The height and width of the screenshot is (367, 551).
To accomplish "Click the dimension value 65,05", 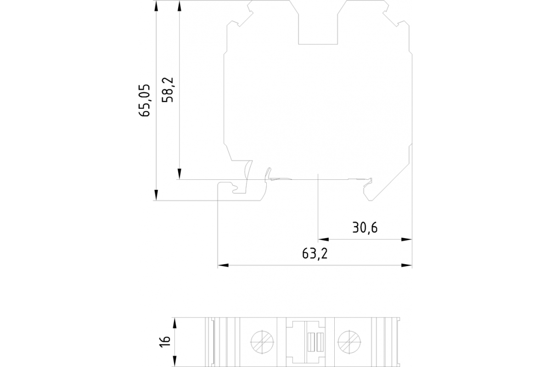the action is (144, 100).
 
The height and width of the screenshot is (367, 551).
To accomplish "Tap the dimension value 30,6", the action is (365, 228).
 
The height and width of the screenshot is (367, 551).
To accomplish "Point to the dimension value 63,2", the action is (315, 253).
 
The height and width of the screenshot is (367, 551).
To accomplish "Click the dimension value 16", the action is (165, 341).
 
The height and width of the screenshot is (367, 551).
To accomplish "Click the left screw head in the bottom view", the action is (262, 342).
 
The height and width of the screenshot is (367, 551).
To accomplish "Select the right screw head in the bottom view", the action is (349, 342).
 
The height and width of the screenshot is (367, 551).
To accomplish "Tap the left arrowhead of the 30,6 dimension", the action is (323, 239).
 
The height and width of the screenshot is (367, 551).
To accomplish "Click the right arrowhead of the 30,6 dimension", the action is (407, 239).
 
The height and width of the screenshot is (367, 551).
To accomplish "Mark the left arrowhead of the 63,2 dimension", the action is (223, 265).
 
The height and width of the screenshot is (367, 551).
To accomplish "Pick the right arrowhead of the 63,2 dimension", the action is (407, 265).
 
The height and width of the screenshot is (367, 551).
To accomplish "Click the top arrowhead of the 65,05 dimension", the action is (156, 6).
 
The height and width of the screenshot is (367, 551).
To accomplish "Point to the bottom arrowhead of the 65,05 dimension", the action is (156, 195).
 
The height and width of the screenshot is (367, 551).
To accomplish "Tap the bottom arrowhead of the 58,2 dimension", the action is (180, 174).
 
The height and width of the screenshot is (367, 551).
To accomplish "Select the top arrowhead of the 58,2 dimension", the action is (180, 6).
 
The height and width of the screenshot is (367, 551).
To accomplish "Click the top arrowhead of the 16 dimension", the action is (174, 323).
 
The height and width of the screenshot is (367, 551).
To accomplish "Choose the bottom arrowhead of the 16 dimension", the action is (174, 361).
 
